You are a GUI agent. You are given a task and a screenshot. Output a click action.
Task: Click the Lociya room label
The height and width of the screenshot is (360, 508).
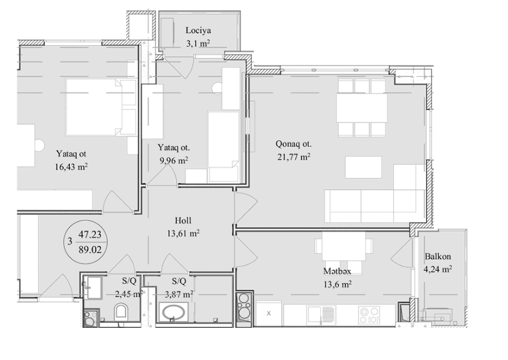coord(198,30)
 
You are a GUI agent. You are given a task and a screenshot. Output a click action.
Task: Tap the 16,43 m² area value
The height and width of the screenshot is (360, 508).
coord(71,167)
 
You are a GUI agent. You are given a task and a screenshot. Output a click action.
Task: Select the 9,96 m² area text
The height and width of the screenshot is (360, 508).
coord(174,161)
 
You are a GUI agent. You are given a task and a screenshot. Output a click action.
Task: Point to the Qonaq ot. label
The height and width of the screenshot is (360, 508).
coord(294,144)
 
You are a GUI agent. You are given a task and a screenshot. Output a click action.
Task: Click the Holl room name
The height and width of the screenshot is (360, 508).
coord(183,221)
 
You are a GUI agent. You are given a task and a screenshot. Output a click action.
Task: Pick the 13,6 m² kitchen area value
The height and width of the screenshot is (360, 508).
coord(337,285)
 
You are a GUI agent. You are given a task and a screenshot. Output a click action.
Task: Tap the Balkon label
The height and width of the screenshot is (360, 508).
coord(438,257)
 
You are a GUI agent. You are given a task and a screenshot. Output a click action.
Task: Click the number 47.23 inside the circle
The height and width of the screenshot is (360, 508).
coord(90,234)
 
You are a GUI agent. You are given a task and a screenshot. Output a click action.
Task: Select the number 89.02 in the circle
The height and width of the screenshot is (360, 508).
coord(90,249)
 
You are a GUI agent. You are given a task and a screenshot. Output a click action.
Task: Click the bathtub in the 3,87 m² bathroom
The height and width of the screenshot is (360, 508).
coord(174,312)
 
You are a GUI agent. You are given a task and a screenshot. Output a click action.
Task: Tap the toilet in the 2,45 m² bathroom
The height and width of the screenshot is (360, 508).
coord(121,311)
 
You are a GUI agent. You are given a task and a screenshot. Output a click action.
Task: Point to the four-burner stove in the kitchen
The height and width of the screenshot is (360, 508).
coord(369,315)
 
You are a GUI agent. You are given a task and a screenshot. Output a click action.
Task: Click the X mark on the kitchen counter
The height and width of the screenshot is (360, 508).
coord(269,314)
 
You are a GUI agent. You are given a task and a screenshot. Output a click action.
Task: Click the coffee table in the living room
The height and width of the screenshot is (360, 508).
coord(363,168)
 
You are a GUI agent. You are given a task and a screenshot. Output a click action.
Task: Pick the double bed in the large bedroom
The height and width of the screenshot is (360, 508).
coord(101,107)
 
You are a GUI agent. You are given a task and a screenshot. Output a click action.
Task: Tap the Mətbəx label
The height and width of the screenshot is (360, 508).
coord(337,271)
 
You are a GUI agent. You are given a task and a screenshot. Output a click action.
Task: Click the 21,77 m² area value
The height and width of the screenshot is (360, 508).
coord(294,157)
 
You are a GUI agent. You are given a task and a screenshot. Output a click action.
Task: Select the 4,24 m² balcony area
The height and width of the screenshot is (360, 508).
coord(438,269)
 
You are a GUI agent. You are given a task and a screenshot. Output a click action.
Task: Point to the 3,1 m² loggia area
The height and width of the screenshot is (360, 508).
coord(198,43)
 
